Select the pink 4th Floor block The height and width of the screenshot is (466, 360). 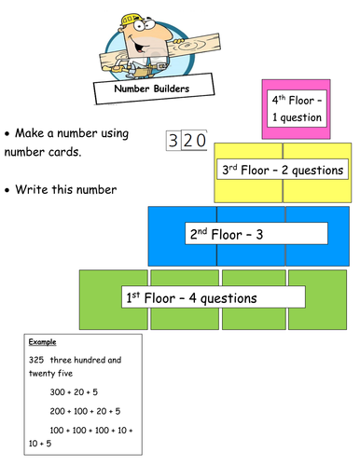click(x=297, y=108)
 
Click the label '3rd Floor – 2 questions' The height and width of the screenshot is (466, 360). click(x=282, y=170)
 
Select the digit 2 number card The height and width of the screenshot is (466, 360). click(x=187, y=141)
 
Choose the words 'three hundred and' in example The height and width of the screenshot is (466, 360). click(x=85, y=360)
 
